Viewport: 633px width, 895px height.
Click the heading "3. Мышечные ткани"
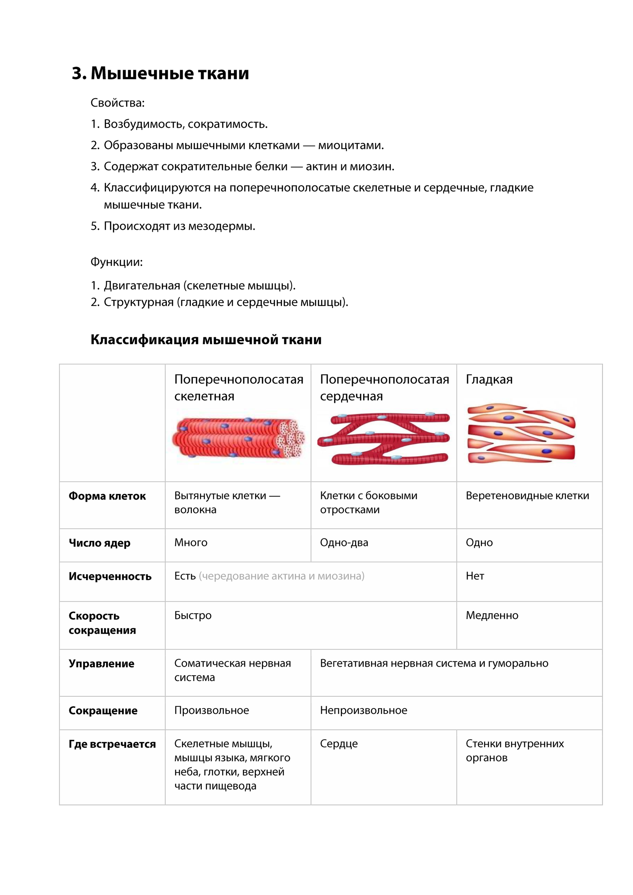tap(160, 73)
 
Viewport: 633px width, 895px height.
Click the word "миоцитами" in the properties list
tap(350, 145)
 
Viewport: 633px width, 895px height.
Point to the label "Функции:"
tap(116, 262)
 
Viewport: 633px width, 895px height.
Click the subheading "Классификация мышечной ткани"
tap(206, 340)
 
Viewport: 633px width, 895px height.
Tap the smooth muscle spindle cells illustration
tap(521, 433)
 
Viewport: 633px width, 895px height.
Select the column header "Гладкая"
tap(489, 379)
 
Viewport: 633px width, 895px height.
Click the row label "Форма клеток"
tap(107, 496)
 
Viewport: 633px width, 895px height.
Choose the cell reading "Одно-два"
tap(344, 542)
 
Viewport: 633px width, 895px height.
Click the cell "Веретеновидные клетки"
tap(527, 496)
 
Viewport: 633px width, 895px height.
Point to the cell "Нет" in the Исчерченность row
tap(475, 576)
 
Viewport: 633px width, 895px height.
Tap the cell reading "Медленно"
tap(492, 615)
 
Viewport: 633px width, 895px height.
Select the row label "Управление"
tap(101, 664)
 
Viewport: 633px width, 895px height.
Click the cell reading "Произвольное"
tap(211, 710)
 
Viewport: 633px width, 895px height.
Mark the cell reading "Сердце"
tap(339, 744)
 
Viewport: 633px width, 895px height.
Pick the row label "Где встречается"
tap(112, 744)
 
